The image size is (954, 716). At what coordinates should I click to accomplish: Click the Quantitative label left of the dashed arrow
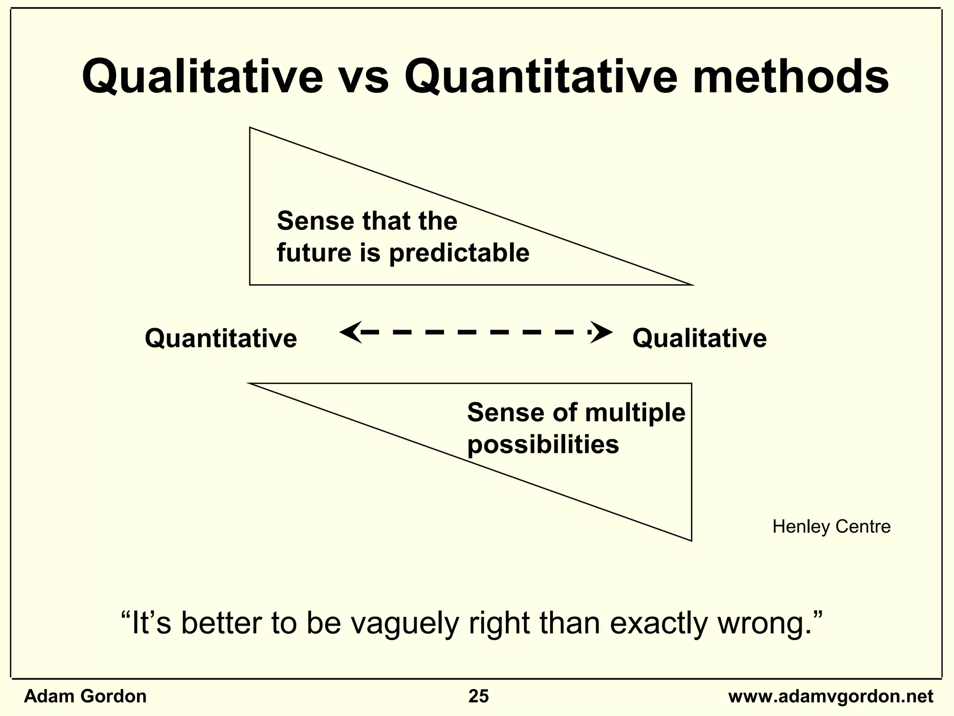point(221,338)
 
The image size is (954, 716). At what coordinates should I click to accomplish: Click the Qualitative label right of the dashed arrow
point(699,338)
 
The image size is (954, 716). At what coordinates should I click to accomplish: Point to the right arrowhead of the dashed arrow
point(602,332)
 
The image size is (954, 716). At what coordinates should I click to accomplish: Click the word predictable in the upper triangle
point(459,253)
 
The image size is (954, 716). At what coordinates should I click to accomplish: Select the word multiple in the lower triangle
point(635,413)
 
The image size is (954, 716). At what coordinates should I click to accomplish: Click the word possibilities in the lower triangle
point(543,444)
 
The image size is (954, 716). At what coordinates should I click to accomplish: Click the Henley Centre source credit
point(831,527)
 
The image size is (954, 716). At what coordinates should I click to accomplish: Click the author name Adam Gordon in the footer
point(85,696)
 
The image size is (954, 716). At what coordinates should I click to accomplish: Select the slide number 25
point(478,696)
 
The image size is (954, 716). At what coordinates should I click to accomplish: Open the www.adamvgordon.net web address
point(831,696)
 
